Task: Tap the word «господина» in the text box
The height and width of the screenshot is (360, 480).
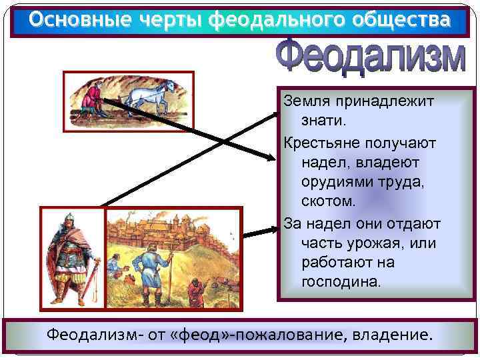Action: [341, 282]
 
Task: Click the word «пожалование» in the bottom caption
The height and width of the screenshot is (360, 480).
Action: [289, 333]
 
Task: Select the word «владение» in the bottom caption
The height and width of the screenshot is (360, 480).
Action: [389, 333]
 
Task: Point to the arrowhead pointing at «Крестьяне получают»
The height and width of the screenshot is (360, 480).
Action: [270, 158]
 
